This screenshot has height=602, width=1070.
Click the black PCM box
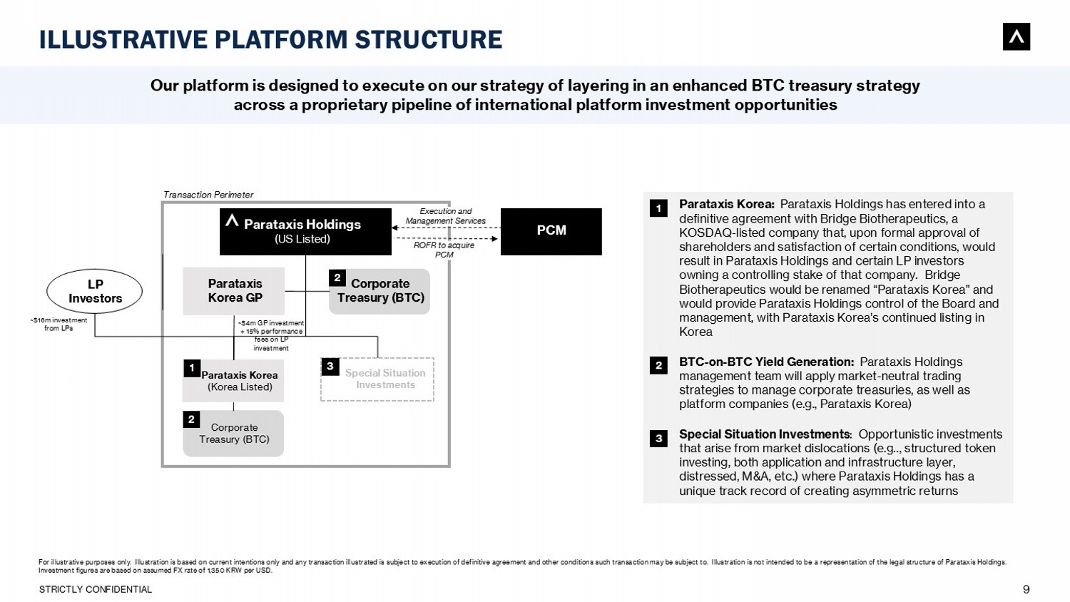pyautogui.click(x=551, y=231)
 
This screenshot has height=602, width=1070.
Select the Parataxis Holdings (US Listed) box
pyautogui.click(x=305, y=231)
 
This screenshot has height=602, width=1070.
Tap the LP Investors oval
pyautogui.click(x=95, y=291)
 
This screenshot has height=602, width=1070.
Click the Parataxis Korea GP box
pyautogui.click(x=234, y=291)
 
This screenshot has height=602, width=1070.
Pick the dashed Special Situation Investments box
pyautogui.click(x=377, y=379)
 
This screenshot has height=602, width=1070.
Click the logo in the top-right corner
pyautogui.click(x=1016, y=37)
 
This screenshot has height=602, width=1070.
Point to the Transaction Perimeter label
pyautogui.click(x=208, y=195)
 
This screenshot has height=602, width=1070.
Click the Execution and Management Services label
pyautogui.click(x=446, y=216)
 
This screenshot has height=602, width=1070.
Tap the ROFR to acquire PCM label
pyautogui.click(x=444, y=250)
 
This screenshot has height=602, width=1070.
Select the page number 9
pyautogui.click(x=1026, y=589)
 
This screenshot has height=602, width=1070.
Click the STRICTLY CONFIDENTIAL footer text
pyautogui.click(x=96, y=589)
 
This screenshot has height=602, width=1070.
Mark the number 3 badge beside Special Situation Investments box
pyautogui.click(x=330, y=367)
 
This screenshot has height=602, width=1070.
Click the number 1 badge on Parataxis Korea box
pyautogui.click(x=191, y=368)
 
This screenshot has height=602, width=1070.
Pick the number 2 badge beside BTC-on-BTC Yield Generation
pyautogui.click(x=658, y=365)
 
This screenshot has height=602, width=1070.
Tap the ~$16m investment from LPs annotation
pyautogui.click(x=58, y=325)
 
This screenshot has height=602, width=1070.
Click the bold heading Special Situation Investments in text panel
pyautogui.click(x=764, y=434)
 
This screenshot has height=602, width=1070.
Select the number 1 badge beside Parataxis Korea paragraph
pyautogui.click(x=658, y=208)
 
